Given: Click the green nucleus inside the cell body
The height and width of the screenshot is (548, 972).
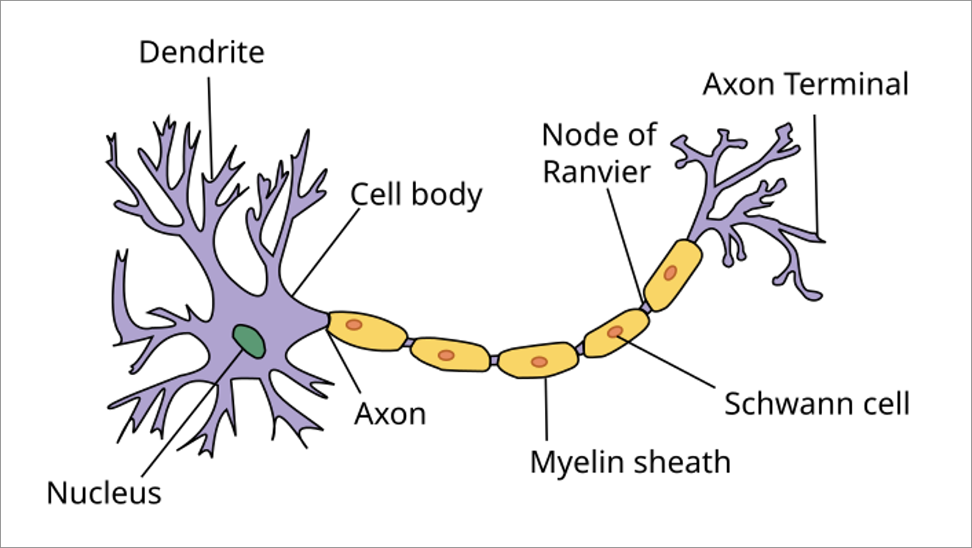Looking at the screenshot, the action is (249, 342).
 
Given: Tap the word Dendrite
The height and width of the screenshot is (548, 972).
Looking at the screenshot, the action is (201, 52).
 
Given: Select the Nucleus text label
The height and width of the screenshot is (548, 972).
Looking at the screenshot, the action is (104, 494).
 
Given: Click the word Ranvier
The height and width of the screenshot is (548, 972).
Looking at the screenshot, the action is (596, 172).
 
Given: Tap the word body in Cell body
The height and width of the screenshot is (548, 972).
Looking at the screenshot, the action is (446, 196).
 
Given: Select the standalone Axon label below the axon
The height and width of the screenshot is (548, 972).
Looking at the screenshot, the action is (390, 414).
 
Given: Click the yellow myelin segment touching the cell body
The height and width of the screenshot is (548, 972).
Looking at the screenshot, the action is (367, 331).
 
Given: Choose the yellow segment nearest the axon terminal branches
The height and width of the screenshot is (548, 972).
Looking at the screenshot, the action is (673, 275).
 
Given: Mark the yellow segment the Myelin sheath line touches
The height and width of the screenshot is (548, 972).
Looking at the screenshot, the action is (538, 360).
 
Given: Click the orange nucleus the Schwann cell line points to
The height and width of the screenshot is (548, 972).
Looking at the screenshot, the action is (615, 332).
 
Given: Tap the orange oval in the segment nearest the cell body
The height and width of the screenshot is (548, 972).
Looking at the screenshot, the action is (354, 324).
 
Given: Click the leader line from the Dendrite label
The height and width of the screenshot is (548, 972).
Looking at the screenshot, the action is (210, 128).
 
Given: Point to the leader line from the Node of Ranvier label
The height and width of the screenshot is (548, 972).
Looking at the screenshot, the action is (625, 246).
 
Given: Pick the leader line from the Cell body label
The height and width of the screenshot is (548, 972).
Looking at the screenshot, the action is (326, 252).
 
